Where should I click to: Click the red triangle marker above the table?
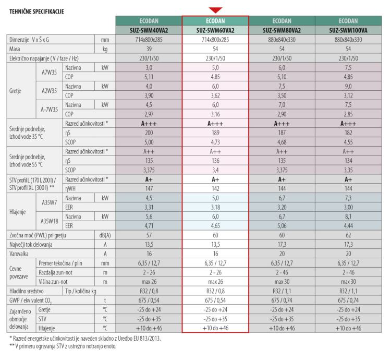215,10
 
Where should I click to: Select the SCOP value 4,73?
215,141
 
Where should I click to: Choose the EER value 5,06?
282,225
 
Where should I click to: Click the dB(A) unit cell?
105,234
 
